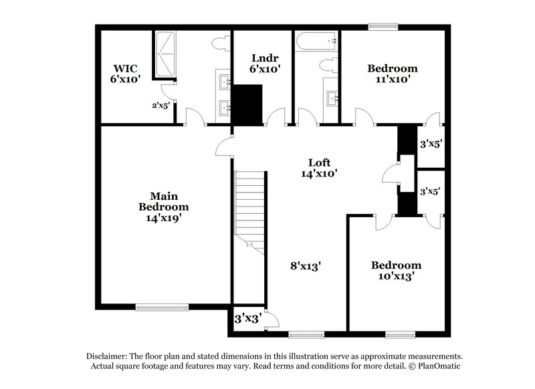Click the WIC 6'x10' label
coord(124,73)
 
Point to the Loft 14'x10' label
coord(318,167)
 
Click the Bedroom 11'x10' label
coord(393,73)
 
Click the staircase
coord(250,207)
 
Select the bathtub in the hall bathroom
coord(316,45)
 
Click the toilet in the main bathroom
coord(219,45)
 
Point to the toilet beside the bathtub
coord(327,66)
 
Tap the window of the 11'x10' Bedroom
coord(383,27)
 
